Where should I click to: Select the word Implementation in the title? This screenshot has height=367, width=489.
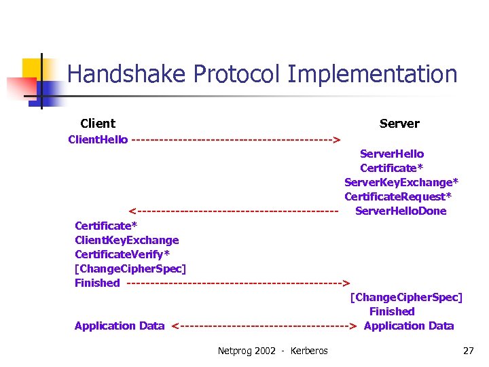pyautogui.click(x=372, y=74)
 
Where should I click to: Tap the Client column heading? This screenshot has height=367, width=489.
pyautogui.click(x=98, y=124)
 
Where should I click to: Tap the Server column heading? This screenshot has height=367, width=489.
pyautogui.click(x=399, y=124)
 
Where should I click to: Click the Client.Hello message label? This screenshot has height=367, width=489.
pyautogui.click(x=98, y=140)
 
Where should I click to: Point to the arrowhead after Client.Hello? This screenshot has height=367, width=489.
pyautogui.click(x=336, y=141)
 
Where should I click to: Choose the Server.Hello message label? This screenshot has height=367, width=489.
pyautogui.click(x=392, y=154)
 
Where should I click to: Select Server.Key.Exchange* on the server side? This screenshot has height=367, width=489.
pyautogui.click(x=401, y=182)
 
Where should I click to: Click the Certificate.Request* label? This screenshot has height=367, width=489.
pyautogui.click(x=398, y=197)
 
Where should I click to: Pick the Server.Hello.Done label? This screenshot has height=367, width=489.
pyautogui.click(x=401, y=211)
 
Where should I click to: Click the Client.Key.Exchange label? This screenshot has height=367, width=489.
pyautogui.click(x=127, y=240)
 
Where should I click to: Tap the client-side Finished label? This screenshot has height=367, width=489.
pyautogui.click(x=97, y=283)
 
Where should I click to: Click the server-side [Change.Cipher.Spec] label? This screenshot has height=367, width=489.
pyautogui.click(x=406, y=298)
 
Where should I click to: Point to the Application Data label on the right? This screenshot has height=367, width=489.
pyautogui.click(x=409, y=326)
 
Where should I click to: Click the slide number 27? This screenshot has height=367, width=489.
pyautogui.click(x=468, y=351)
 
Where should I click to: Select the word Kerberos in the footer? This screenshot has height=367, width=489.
pyautogui.click(x=309, y=351)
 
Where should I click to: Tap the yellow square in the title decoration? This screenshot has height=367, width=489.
pyautogui.click(x=34, y=70)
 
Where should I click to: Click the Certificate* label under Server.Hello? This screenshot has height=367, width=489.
pyautogui.click(x=392, y=169)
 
